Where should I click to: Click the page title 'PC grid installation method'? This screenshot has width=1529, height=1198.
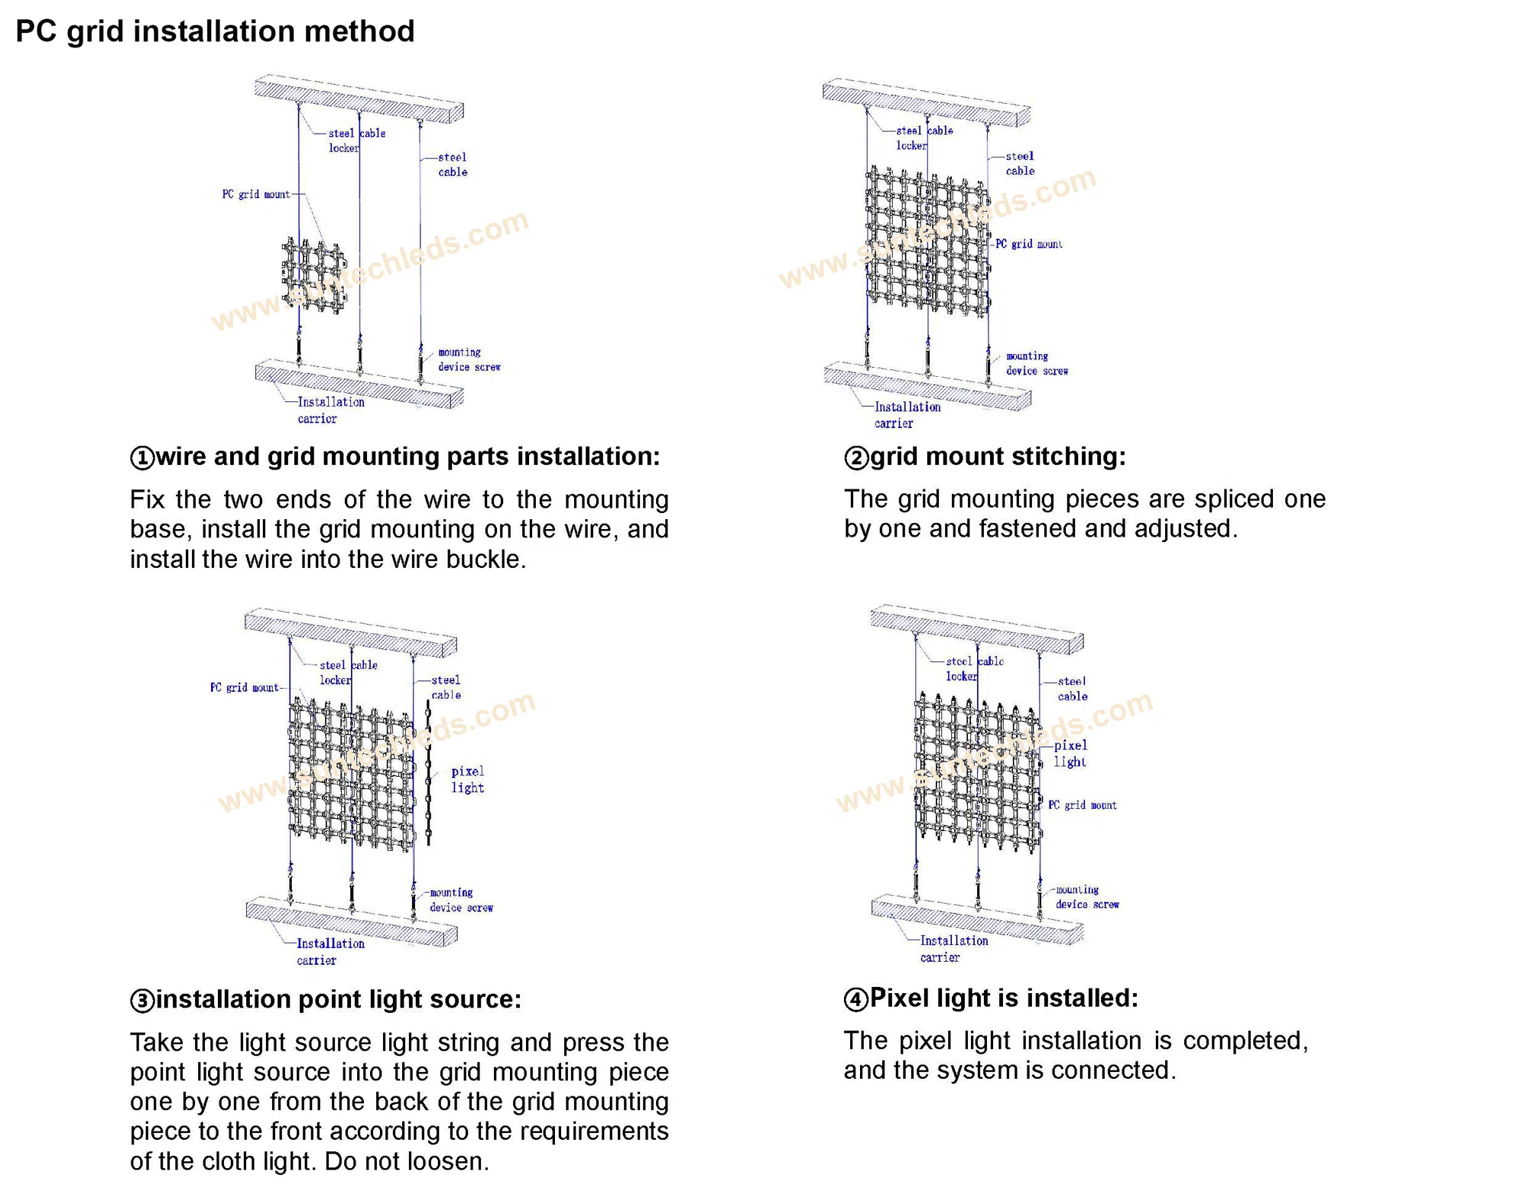[x=215, y=31]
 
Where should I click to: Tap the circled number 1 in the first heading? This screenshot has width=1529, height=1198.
[x=142, y=458]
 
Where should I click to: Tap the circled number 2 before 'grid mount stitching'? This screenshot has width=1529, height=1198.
[x=856, y=458]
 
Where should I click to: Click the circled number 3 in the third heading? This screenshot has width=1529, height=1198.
[x=142, y=1001]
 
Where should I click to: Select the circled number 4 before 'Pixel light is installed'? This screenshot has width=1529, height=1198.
[x=856, y=999]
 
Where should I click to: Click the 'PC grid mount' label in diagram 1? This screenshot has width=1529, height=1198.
[x=256, y=195]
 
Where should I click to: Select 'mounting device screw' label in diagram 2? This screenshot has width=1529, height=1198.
[x=1036, y=364]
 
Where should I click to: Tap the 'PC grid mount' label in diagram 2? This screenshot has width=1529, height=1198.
[x=1028, y=245]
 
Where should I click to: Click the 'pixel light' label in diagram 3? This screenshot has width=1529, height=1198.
[x=467, y=780]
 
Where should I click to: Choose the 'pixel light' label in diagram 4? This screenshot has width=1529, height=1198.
[x=1070, y=754]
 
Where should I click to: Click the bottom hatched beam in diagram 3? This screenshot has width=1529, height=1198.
[x=351, y=921]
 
